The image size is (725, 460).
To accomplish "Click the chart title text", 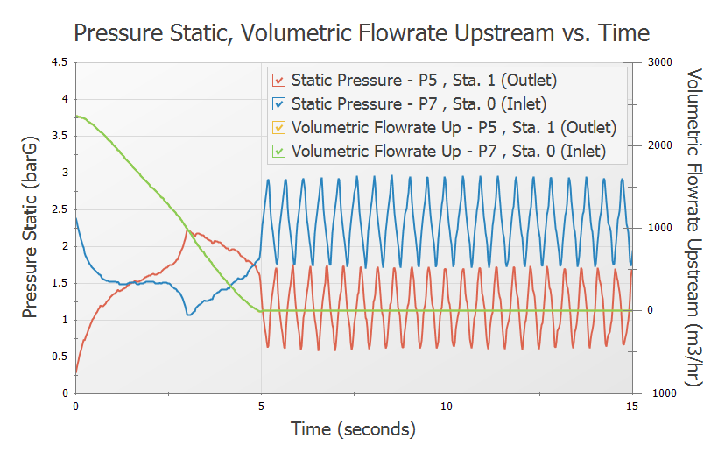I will (x=362, y=33).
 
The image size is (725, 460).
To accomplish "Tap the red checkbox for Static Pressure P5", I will (x=279, y=81).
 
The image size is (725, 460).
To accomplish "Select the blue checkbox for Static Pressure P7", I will (x=279, y=104).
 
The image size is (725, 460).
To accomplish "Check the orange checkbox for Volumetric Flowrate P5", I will (x=279, y=128).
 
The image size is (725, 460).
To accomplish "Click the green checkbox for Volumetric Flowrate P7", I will (x=279, y=151).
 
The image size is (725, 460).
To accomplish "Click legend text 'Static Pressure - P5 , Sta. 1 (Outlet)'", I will (x=424, y=81).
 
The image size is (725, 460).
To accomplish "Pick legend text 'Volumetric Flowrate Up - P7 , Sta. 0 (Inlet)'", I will (x=448, y=151).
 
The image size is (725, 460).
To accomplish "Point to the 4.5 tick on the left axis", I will (x=58, y=62).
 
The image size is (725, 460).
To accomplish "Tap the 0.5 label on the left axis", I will (x=58, y=357).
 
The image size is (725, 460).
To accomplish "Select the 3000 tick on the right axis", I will (x=658, y=62).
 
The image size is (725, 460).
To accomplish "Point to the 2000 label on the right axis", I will (x=658, y=145).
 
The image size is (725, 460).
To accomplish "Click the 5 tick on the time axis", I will (x=262, y=407).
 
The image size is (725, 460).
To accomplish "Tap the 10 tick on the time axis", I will (x=447, y=407).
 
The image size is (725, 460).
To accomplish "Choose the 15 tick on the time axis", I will (x=630, y=407).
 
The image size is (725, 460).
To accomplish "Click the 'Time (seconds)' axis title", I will (x=353, y=430).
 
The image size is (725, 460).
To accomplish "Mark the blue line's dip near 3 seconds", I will (x=188, y=314).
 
